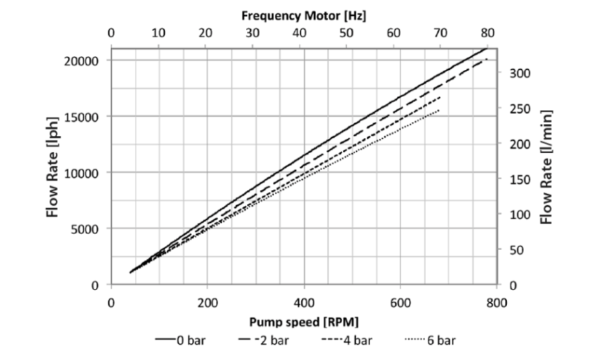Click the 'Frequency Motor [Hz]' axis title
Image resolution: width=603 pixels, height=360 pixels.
(x=304, y=14)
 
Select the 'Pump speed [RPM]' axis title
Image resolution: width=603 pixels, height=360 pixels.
(x=303, y=322)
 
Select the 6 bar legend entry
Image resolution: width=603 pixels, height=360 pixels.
(x=430, y=340)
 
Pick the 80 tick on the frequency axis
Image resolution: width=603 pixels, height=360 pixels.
(x=488, y=32)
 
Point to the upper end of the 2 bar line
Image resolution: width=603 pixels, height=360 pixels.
(x=486, y=59)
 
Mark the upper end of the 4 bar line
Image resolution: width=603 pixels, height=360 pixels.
(x=441, y=97)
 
